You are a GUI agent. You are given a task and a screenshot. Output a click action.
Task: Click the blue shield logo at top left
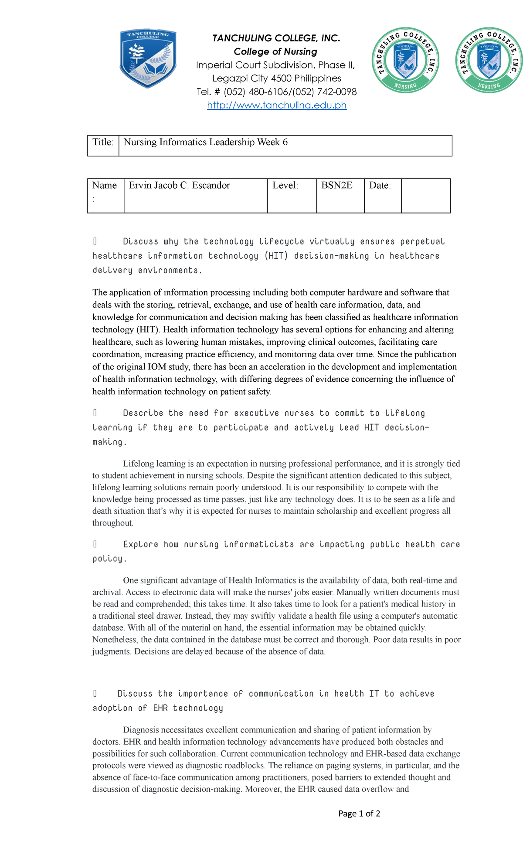[148, 59]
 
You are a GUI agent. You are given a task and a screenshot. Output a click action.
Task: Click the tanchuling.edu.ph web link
[277, 105]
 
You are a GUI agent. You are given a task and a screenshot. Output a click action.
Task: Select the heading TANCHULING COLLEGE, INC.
[276, 38]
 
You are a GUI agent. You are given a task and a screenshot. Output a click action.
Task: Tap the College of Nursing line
[275, 51]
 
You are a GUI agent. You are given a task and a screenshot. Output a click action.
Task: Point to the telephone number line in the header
[276, 92]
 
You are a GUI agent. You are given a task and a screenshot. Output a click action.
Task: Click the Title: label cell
[103, 146]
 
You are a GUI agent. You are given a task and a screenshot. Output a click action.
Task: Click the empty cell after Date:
[425, 195]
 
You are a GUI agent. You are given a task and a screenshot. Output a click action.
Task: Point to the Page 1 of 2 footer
[359, 814]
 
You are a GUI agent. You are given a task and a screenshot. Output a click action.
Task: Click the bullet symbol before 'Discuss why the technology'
[95, 241]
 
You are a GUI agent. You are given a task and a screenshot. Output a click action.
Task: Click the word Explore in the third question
[140, 544]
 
